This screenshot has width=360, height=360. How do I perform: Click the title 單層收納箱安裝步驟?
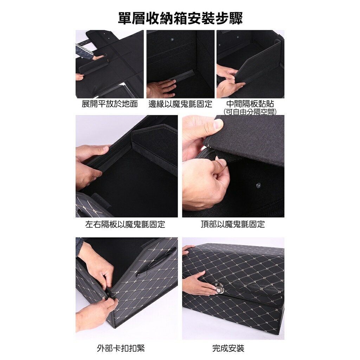(180, 18)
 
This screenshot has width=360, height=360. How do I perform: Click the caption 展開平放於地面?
(110, 104)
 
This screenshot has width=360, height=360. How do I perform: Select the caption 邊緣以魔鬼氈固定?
(180, 104)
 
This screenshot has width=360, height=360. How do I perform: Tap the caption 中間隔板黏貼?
(250, 104)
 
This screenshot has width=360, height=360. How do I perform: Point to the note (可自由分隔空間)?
(250, 111)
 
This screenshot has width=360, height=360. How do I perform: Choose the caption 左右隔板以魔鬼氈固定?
(125, 224)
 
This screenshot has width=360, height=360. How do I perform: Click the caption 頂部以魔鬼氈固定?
(233, 224)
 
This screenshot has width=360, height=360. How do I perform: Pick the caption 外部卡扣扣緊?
(121, 348)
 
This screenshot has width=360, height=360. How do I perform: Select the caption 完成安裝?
(228, 348)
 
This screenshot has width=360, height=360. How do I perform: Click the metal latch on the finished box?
(220, 288)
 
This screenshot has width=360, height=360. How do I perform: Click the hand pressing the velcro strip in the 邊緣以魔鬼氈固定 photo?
(161, 88)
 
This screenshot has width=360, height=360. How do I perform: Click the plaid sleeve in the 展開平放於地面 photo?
(84, 51)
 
